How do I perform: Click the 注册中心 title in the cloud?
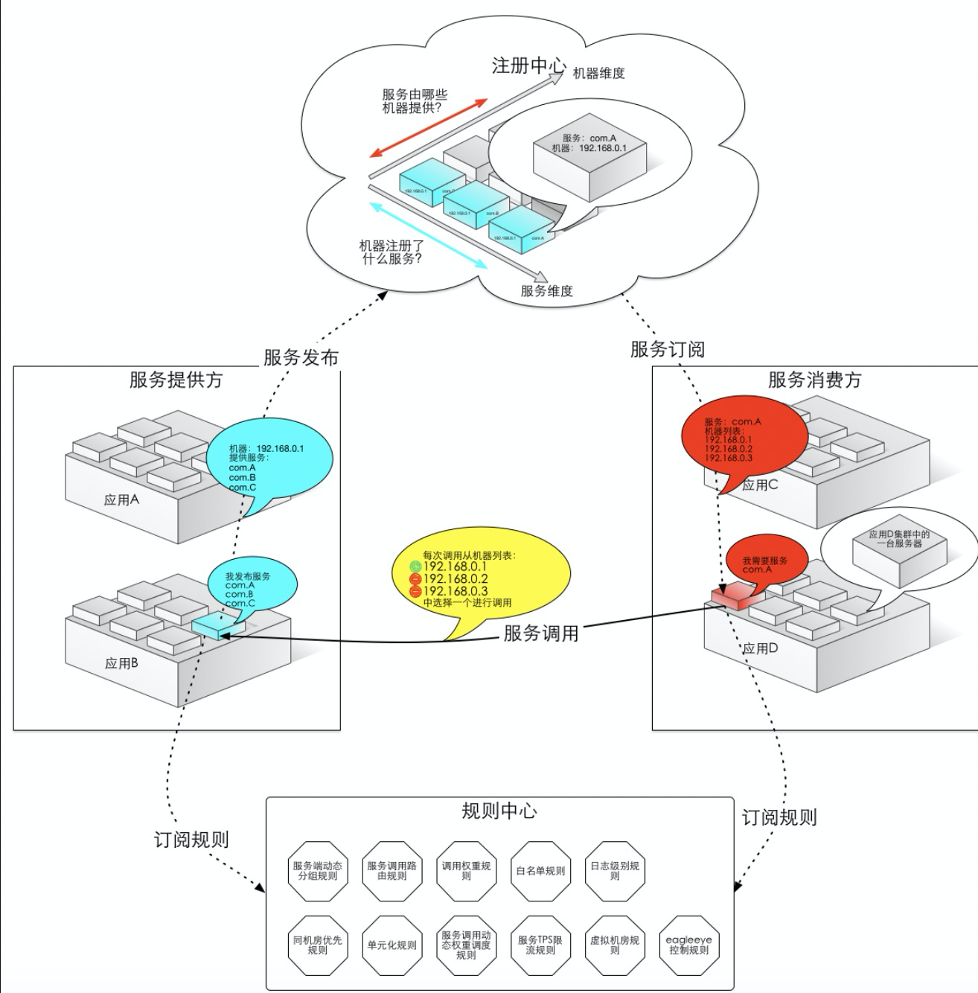click(x=528, y=66)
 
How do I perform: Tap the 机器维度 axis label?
click(x=598, y=73)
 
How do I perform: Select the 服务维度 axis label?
click(x=547, y=291)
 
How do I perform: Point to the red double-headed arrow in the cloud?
click(x=429, y=127)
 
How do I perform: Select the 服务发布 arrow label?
click(x=301, y=357)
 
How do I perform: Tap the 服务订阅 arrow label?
click(x=667, y=348)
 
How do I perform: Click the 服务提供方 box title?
click(x=176, y=380)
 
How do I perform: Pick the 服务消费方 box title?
click(x=814, y=380)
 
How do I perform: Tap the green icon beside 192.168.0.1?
click(x=415, y=566)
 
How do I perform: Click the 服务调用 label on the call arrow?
click(x=541, y=633)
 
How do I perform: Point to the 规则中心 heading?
click(x=499, y=811)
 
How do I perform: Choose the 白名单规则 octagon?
click(x=540, y=871)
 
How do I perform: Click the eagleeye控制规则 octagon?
click(x=689, y=945)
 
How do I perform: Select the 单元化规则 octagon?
click(x=391, y=945)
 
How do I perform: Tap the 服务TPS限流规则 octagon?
click(x=540, y=945)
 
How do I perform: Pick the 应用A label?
click(x=121, y=500)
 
